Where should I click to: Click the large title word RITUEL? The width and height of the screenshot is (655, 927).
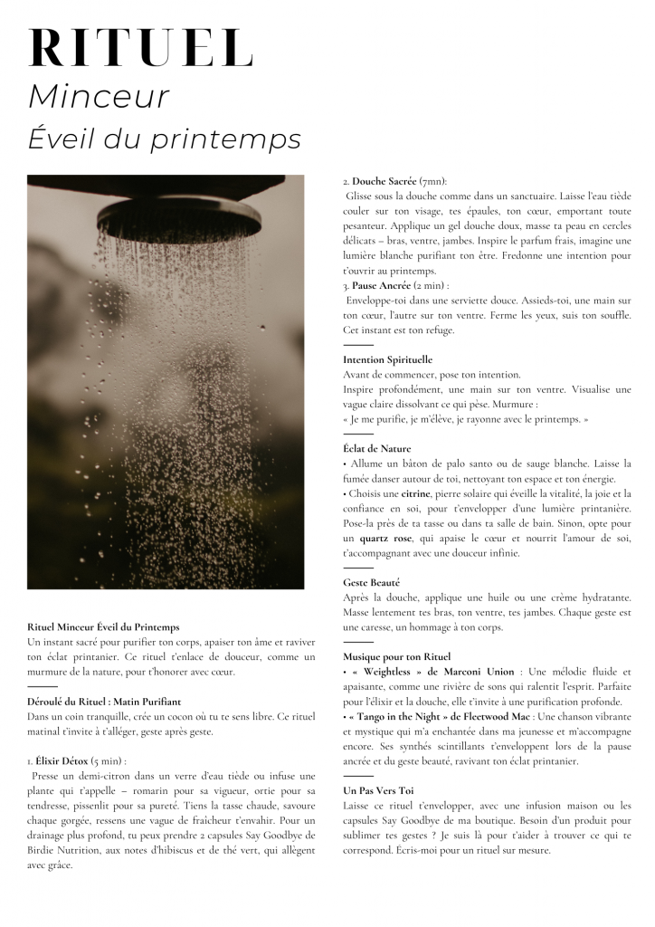point(141,49)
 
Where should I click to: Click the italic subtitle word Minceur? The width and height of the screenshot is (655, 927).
point(99,97)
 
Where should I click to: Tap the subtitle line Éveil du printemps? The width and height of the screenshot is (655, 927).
point(164,139)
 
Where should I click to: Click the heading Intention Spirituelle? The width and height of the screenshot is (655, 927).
point(387,359)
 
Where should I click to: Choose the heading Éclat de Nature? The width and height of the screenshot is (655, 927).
point(376,448)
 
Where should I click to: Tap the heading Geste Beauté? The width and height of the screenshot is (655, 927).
point(371,582)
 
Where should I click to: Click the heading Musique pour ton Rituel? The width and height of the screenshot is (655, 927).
point(396,656)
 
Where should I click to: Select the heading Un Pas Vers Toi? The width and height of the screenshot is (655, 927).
point(378,790)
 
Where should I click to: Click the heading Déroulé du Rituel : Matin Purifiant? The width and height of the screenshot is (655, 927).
point(104,702)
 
